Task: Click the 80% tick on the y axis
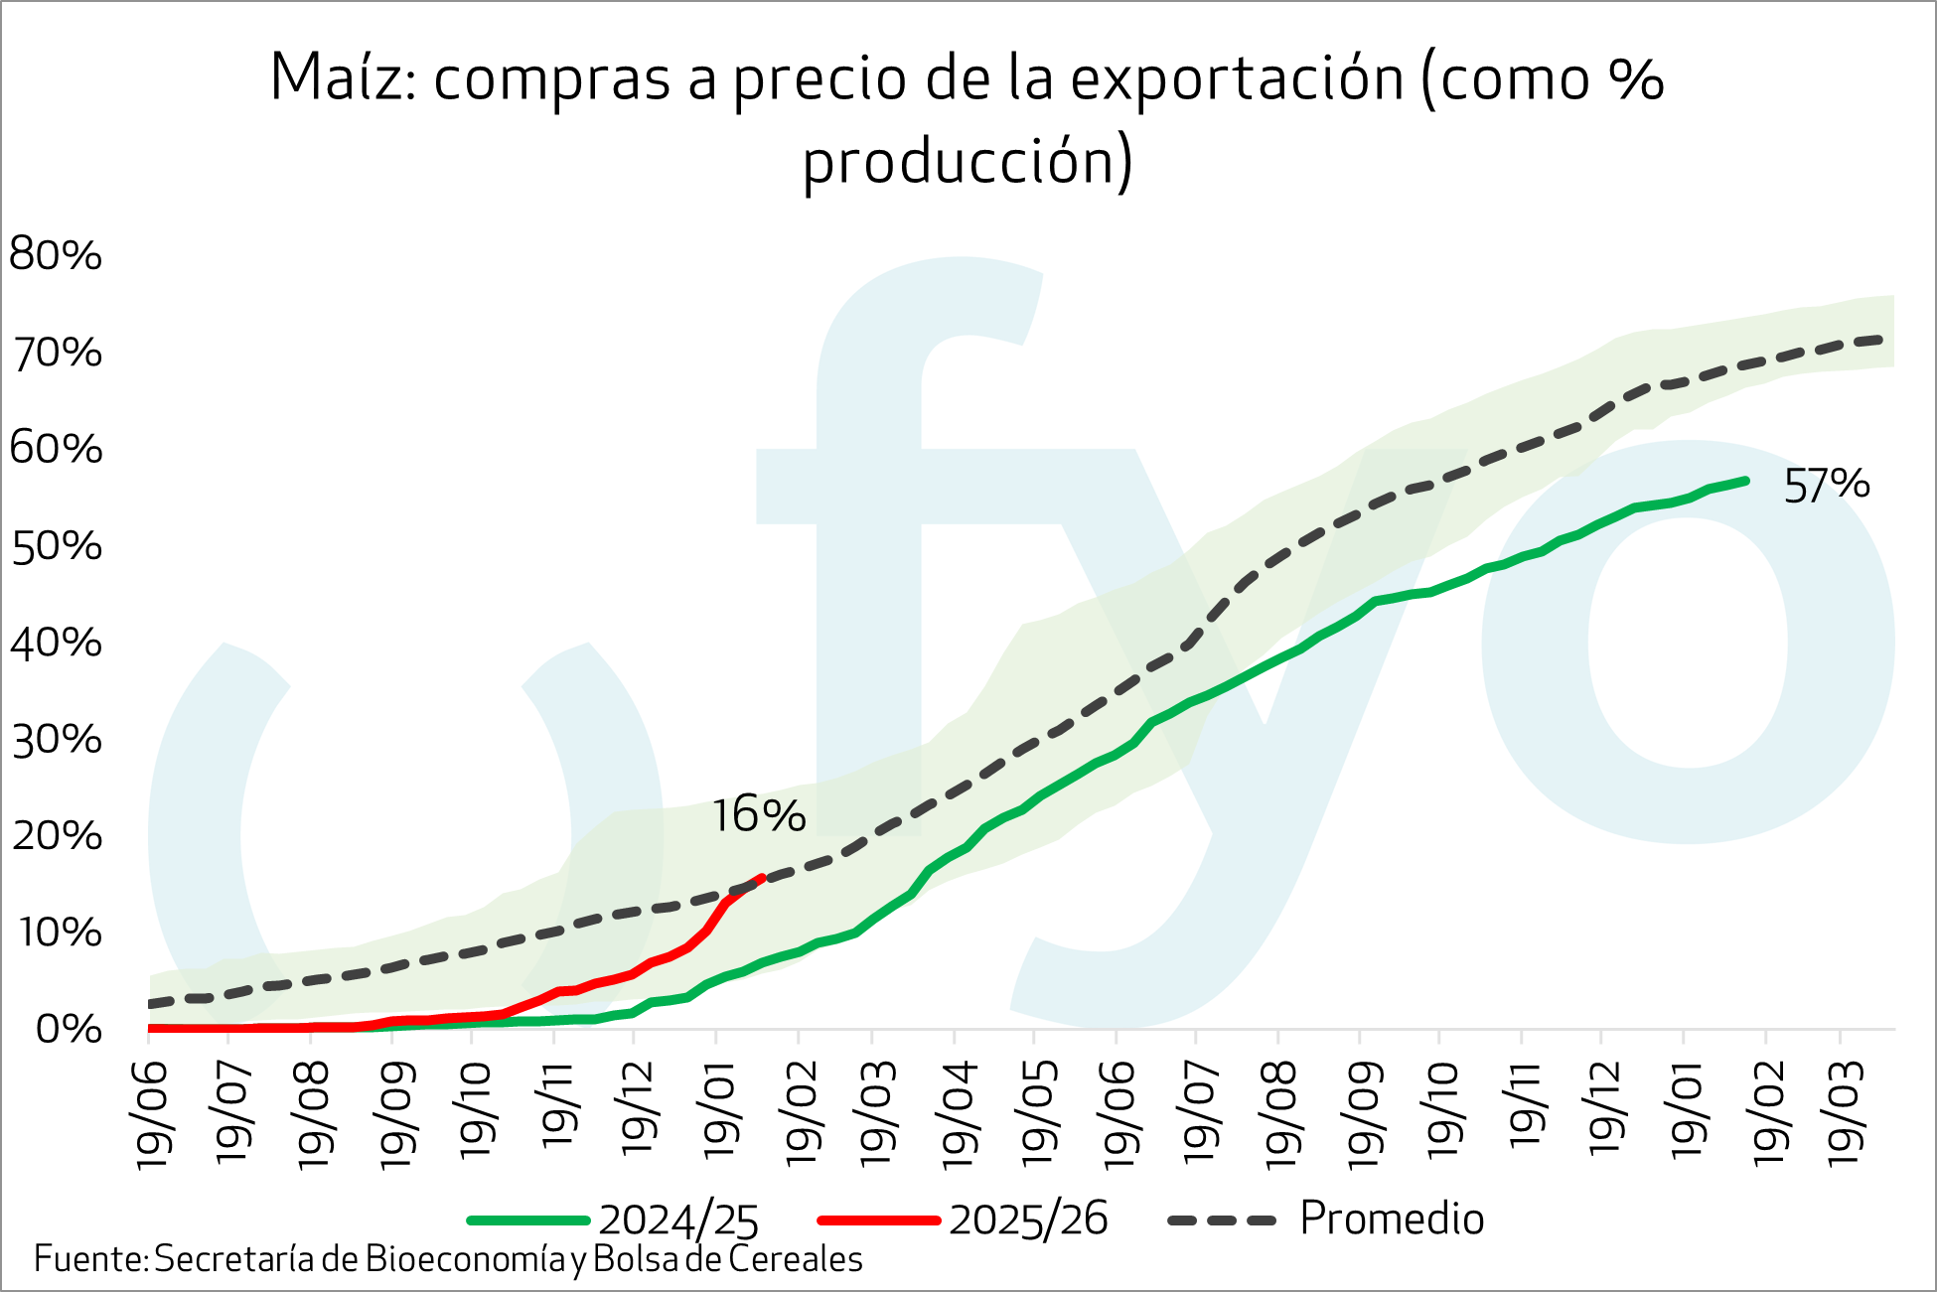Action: (x=56, y=255)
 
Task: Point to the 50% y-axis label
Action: (x=56, y=546)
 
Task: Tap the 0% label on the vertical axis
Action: (x=68, y=1029)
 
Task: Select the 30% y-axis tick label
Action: (x=56, y=740)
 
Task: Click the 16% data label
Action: (x=758, y=815)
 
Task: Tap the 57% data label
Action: (x=1826, y=486)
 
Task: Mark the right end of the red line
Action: (x=761, y=877)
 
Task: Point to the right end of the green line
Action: (x=1745, y=481)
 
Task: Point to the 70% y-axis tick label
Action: (x=56, y=353)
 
